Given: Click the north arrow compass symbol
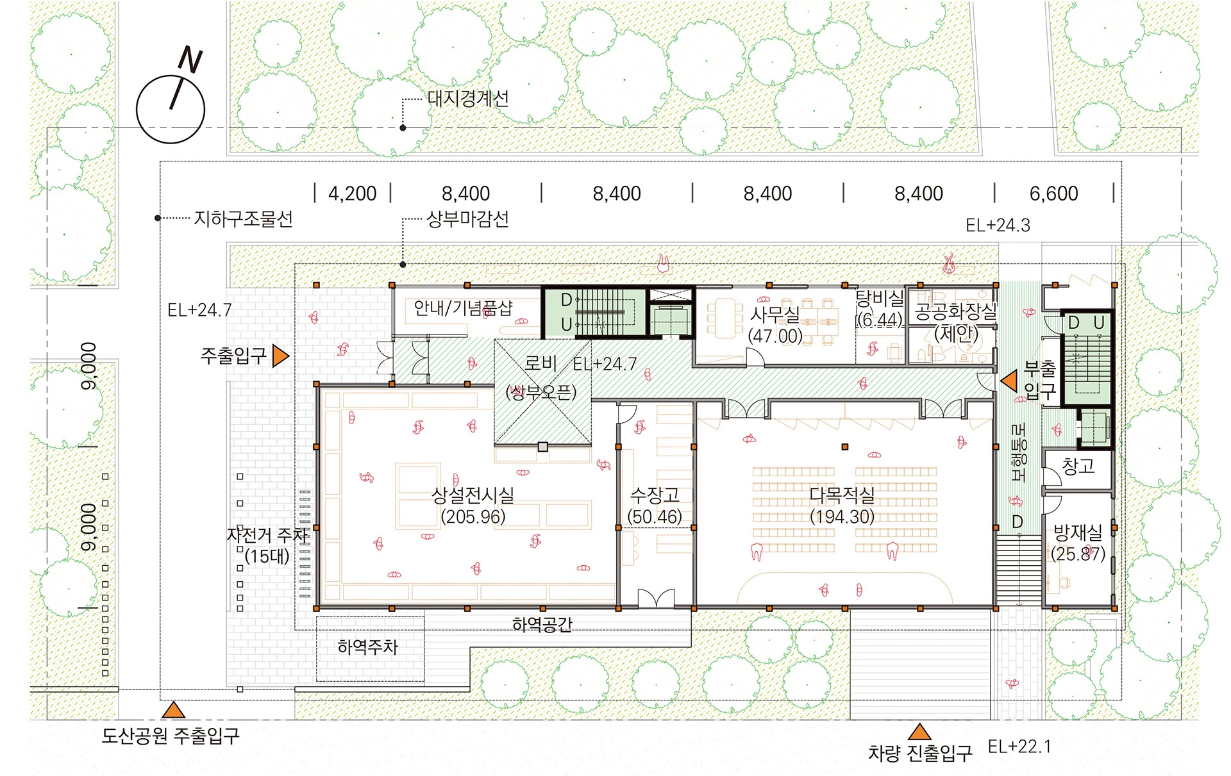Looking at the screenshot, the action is coord(171,103).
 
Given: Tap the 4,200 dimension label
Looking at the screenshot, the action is coord(352,194).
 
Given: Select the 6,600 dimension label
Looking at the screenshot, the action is coord(1053,194).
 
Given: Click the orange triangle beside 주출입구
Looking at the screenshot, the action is coord(280,356).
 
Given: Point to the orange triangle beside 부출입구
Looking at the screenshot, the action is coord(1009,381).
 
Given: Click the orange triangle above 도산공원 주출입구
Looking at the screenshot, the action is coord(173,710).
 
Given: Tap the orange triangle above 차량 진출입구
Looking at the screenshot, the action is coord(919,732).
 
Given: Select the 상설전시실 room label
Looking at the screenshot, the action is coord(473,495).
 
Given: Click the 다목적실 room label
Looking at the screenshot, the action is coord(842,495).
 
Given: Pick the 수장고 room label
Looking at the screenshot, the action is coord(655,495).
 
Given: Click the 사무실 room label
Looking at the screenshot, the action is coord(775,314).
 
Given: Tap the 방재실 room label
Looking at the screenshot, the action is coord(1078,532).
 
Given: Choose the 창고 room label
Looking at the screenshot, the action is coord(1078,466).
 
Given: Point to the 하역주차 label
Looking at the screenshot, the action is coord(368,647).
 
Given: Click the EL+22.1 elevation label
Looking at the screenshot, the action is coord(1019,747).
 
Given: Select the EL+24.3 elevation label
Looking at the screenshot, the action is coord(998,226).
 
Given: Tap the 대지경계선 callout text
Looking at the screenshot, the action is coord(468,99).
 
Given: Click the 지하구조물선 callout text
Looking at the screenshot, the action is coord(244,219).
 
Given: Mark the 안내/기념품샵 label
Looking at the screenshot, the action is coord(463,308).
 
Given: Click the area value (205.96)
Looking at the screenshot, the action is coord(473,516).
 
